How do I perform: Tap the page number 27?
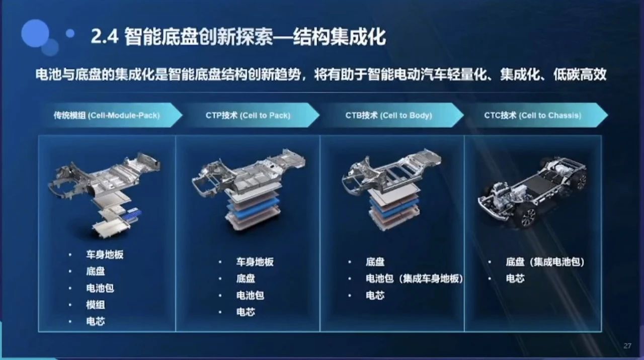[x=627, y=345]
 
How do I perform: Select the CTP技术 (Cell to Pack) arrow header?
[x=248, y=115]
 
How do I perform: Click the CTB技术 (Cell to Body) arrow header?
[x=389, y=115]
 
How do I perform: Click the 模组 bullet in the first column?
[x=96, y=305]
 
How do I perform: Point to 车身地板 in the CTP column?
[x=255, y=262]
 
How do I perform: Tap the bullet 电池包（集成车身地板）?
[x=414, y=279]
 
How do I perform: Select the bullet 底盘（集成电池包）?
[x=545, y=262]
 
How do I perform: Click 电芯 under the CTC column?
[x=515, y=279]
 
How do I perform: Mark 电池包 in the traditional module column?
[x=100, y=288]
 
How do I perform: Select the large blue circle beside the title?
[x=35, y=33]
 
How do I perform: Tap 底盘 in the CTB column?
[x=375, y=262]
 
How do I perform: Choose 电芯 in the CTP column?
[x=246, y=312]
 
